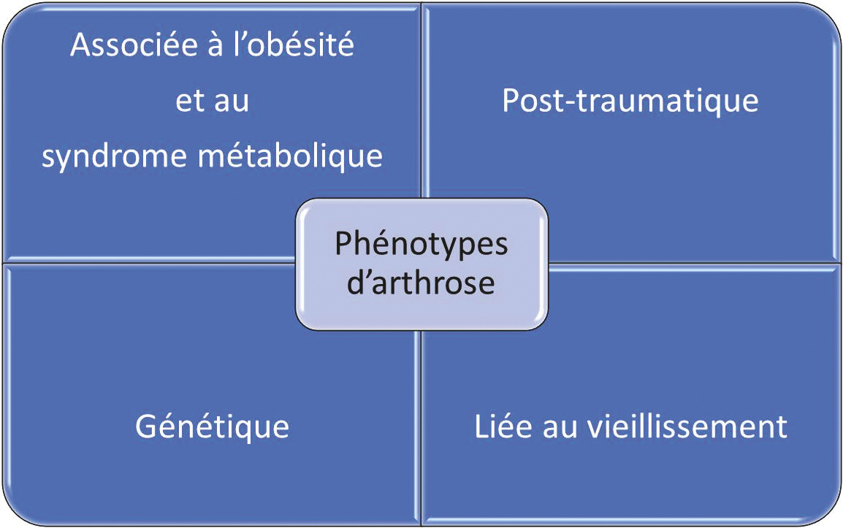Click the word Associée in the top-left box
127,47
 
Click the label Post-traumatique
630,101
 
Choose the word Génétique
212,426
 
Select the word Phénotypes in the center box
422,245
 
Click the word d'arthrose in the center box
421,283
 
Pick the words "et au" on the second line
212,102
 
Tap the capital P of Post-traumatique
511,101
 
